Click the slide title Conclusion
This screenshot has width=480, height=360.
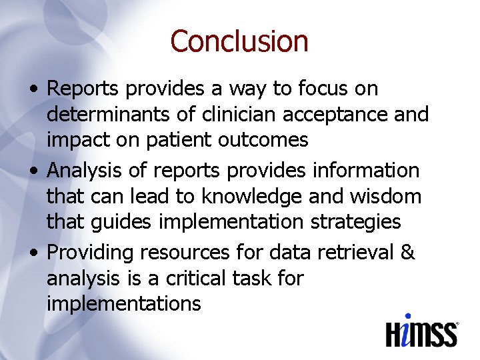239,41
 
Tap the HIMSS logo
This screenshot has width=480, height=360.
422,331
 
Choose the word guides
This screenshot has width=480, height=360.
125,222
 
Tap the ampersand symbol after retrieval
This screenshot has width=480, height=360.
408,253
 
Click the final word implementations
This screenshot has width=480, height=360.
123,304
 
